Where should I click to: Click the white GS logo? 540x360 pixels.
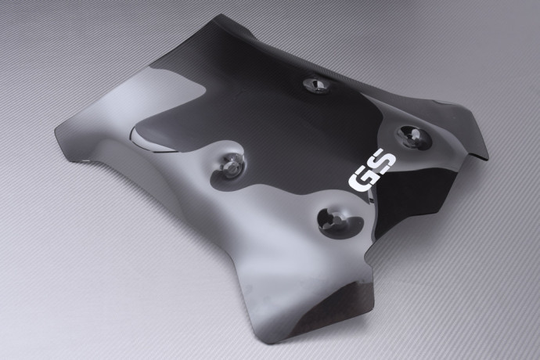373,171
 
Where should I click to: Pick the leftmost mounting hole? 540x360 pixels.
230,165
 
